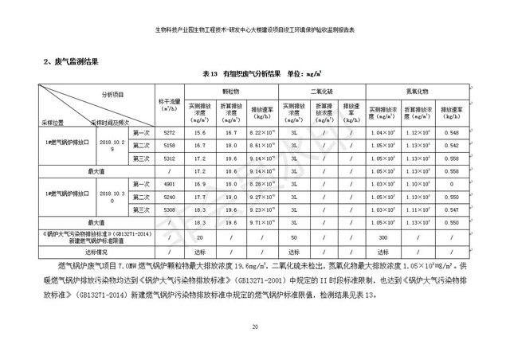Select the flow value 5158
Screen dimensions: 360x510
pos(169,146)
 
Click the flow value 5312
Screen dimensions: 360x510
pos(169,158)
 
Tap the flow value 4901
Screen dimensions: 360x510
pos(169,184)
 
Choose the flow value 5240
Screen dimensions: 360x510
pos(169,197)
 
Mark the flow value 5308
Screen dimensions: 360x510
pos(169,209)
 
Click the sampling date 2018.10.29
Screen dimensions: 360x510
pos(112,145)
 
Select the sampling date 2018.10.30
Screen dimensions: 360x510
pos(112,197)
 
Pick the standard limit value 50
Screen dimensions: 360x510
pos(294,237)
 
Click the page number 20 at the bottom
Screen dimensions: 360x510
pos(255,328)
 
